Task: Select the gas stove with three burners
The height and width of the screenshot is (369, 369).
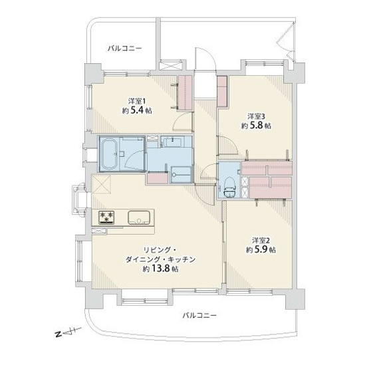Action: [106, 216]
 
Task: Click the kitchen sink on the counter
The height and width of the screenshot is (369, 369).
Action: [140, 217]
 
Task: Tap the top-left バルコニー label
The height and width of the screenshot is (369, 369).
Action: [124, 48]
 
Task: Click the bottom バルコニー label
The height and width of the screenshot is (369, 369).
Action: [199, 315]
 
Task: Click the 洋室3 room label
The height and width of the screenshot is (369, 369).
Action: [256, 114]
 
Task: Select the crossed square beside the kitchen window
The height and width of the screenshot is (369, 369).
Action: [101, 184]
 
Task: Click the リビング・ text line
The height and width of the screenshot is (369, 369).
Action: [160, 248]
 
